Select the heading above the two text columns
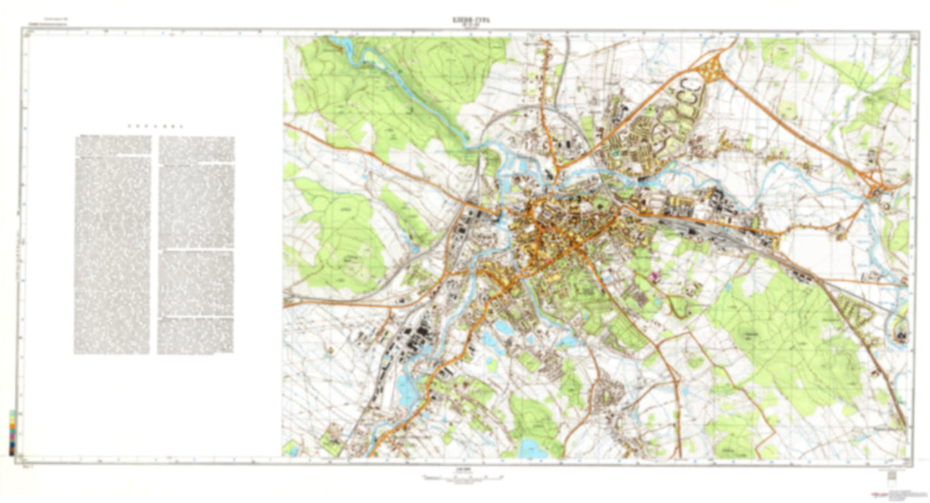click(154, 126)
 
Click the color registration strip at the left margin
click(12, 432)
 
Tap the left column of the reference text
click(113, 245)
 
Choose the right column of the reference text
click(196, 245)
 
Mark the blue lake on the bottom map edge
click(531, 446)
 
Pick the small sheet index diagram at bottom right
click(891, 475)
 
